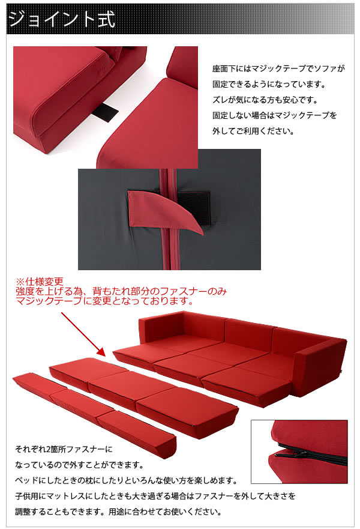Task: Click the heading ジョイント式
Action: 62,19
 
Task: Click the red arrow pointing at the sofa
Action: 83,334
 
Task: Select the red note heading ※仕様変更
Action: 40,282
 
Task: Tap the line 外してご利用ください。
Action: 253,131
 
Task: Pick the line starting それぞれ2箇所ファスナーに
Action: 64,449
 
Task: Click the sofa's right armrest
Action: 320,367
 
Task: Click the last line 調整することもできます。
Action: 118,512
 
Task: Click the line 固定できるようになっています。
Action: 269,84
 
